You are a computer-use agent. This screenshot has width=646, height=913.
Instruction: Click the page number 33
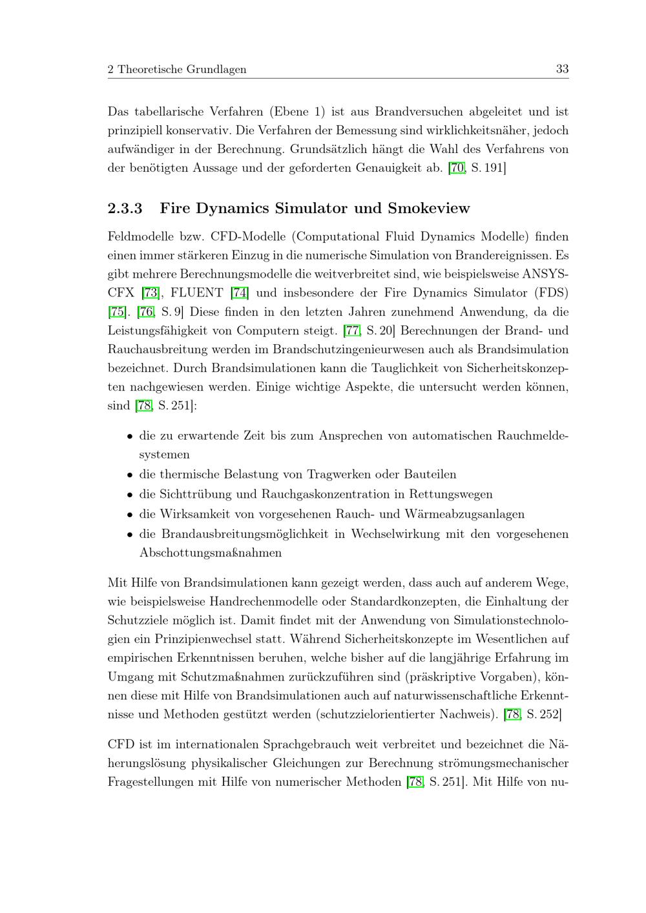[562, 69]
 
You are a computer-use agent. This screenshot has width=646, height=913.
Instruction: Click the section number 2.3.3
[125, 209]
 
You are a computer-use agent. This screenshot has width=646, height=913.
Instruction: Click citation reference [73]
[151, 292]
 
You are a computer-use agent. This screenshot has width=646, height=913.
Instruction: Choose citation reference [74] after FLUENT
[240, 292]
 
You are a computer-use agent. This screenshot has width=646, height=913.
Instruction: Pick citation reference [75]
[117, 312]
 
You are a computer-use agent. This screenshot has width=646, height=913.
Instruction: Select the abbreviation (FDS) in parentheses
[551, 292]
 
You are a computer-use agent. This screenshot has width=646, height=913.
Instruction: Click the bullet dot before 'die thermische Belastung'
[130, 475]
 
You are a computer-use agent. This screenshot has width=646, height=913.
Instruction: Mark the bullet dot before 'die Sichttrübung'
[130, 495]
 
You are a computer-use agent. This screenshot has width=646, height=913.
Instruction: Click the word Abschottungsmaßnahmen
[211, 553]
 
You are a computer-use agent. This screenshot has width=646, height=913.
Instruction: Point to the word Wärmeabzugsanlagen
[464, 514]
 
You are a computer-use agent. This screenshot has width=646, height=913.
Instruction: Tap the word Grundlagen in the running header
[216, 69]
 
